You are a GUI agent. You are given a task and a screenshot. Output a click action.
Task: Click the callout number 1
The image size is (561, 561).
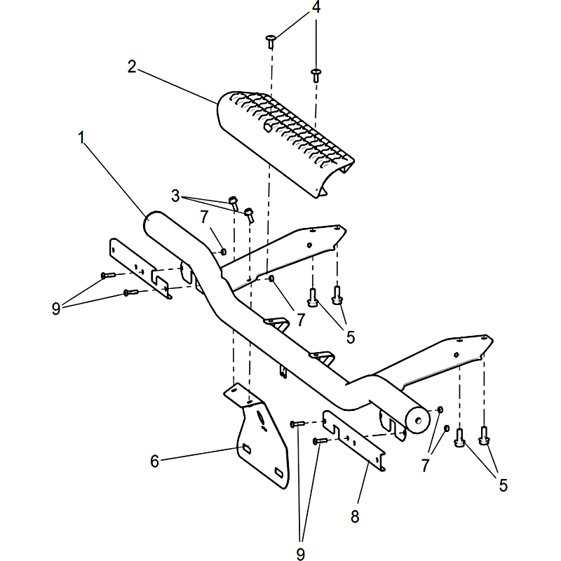tap(81, 137)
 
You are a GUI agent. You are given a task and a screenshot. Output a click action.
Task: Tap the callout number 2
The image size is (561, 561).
tap(132, 67)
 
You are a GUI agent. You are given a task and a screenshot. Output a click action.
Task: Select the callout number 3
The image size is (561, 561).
tap(175, 196)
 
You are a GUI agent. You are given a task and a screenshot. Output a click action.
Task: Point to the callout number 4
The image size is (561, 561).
tap(316, 7)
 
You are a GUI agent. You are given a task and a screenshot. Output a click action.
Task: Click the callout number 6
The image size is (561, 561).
tap(154, 461)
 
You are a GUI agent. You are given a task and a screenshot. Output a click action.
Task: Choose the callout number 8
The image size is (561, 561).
tap(355, 517)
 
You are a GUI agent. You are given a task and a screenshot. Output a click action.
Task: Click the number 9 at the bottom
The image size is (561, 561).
tap(301, 554)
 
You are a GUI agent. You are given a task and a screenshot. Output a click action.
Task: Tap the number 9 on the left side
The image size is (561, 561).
tap(56, 309)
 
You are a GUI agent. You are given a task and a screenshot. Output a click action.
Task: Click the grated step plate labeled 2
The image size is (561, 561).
tap(286, 143)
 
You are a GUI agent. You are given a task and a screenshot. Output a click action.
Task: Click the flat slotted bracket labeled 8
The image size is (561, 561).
tap(354, 440)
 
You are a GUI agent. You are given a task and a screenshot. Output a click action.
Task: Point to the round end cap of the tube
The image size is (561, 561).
tap(417, 420)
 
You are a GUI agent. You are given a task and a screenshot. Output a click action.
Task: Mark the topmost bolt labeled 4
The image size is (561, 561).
tap(271, 41)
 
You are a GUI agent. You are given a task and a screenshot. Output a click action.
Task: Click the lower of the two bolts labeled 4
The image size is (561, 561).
tap(316, 75)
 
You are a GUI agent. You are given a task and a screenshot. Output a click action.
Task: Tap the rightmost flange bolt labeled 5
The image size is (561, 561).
tap(484, 435)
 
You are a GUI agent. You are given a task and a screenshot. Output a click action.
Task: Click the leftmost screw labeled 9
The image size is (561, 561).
tap(108, 275)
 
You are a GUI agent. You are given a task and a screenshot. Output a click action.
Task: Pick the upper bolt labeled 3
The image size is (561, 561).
tap(234, 203)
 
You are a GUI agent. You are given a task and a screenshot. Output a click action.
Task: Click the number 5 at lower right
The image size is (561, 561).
tap(503, 485)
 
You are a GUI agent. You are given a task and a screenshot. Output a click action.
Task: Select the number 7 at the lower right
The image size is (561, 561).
tap(425, 466)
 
